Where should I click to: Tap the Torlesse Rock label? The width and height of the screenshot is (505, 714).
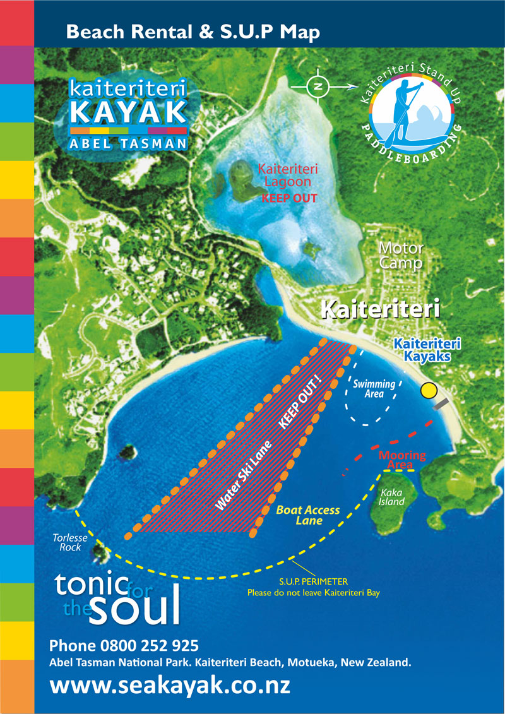tap(66, 542)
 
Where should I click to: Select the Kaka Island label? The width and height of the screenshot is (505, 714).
tap(391, 497)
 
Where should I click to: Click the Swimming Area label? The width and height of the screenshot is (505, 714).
tap(374, 388)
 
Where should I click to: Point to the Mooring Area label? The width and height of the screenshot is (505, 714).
tap(402, 460)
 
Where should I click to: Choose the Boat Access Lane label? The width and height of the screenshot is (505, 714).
tap(308, 515)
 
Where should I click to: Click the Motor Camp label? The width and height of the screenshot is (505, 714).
tap(401, 256)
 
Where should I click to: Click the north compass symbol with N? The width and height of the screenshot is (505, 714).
tap(318, 86)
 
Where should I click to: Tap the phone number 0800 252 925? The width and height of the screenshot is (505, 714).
tap(124, 645)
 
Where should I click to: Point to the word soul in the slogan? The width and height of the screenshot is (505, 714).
tap(135, 607)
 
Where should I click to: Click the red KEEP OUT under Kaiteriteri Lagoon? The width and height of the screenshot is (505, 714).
tap(289, 198)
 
